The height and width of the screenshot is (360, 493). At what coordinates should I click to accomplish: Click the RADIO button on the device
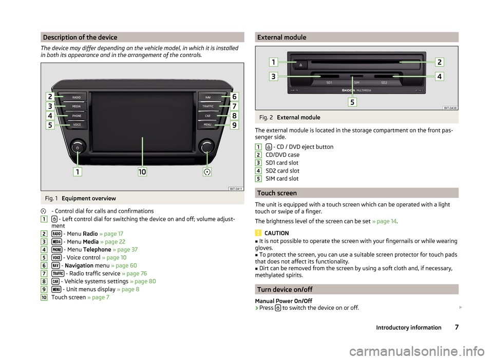[x=75, y=97]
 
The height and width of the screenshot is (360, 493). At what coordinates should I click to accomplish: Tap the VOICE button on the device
[x=77, y=125]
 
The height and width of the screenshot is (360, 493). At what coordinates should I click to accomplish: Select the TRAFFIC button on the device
[x=208, y=106]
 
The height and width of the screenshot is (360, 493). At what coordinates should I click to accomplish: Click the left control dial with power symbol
[x=78, y=147]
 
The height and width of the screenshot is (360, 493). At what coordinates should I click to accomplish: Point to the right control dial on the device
[x=207, y=146]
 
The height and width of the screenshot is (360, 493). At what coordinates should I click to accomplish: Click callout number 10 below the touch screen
[x=142, y=172]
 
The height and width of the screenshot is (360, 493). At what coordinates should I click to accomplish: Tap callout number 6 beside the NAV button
[x=234, y=97]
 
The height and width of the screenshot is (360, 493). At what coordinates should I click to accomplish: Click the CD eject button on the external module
[x=300, y=65]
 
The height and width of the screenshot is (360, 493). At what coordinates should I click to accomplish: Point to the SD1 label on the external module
[x=329, y=83]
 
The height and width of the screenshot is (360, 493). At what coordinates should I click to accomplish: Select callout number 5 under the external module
[x=352, y=102]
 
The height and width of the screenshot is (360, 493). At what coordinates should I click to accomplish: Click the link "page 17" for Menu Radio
[x=111, y=234]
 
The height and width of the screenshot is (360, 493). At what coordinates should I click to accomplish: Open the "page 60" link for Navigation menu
[x=124, y=266]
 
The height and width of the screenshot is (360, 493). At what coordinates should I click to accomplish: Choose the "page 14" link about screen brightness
[x=384, y=221]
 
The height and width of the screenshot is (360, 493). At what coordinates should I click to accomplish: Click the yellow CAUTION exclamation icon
[x=258, y=233]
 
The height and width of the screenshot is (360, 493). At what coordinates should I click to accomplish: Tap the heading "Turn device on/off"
[x=285, y=290]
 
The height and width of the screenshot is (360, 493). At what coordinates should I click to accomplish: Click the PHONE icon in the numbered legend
[x=57, y=250]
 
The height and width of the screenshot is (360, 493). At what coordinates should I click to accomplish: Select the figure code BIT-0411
[x=236, y=188]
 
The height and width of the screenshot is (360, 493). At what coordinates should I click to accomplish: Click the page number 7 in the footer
[x=457, y=327]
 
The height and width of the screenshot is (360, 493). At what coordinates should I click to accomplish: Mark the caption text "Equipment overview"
[x=89, y=198]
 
